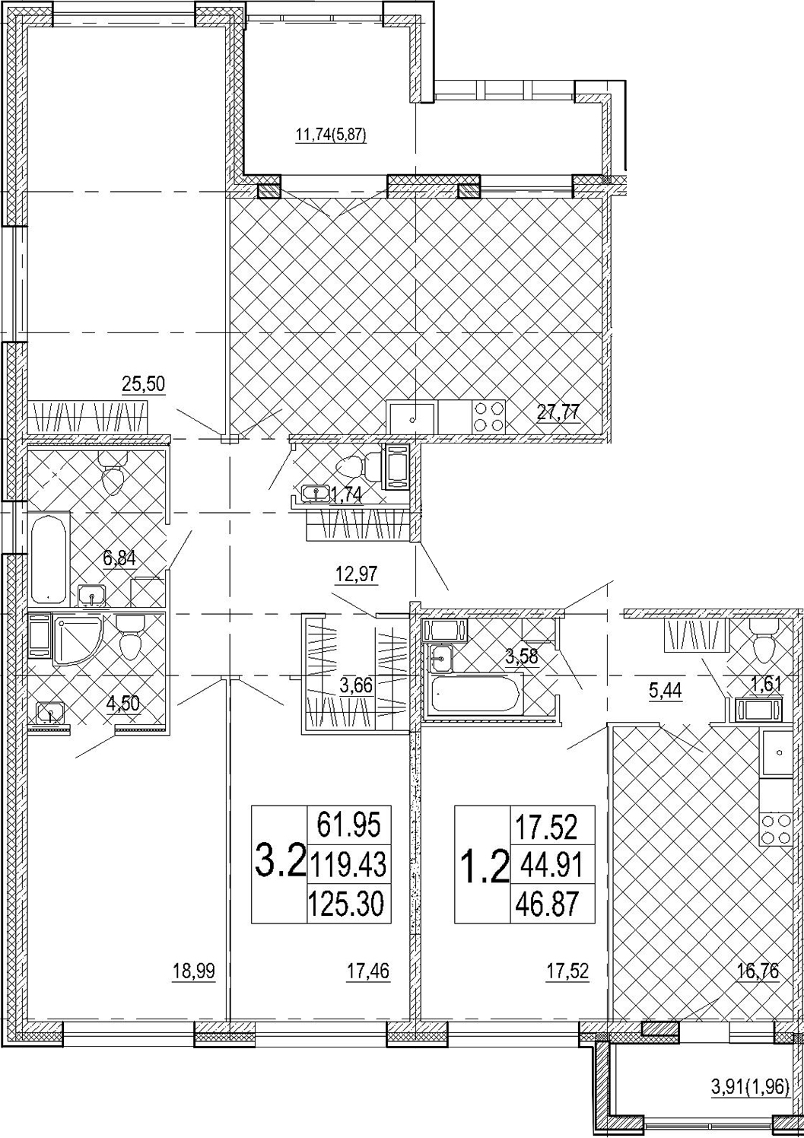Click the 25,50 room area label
(x=144, y=384)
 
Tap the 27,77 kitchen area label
(x=558, y=412)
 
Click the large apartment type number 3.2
(x=280, y=863)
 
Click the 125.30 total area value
(x=349, y=904)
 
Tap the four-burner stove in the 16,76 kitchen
(x=777, y=828)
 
